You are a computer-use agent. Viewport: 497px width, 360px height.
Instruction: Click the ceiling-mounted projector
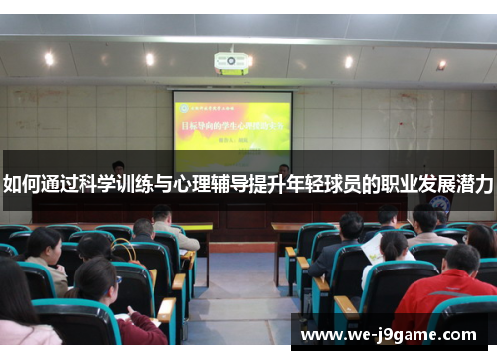tap(231, 63)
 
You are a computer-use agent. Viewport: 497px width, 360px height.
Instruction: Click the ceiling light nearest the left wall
tap(48, 58)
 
